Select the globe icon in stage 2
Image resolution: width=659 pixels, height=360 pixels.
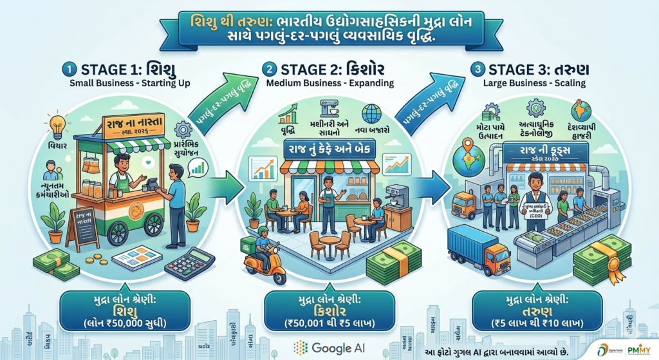pos(371,114)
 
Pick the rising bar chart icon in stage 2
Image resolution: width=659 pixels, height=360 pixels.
pos(287,117)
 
